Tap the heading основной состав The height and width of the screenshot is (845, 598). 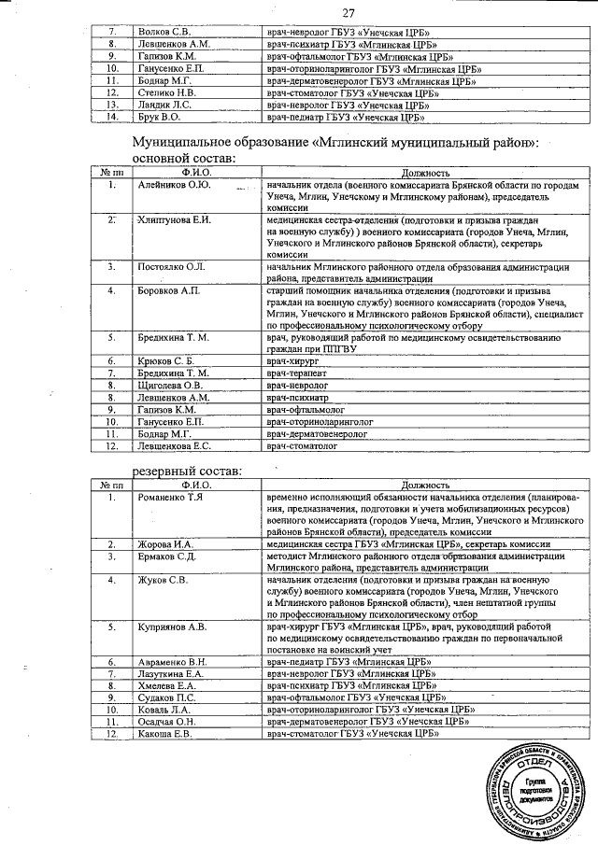tap(184, 158)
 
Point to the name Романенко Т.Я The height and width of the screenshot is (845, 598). tap(172, 498)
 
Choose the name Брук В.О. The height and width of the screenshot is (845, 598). tap(157, 118)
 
